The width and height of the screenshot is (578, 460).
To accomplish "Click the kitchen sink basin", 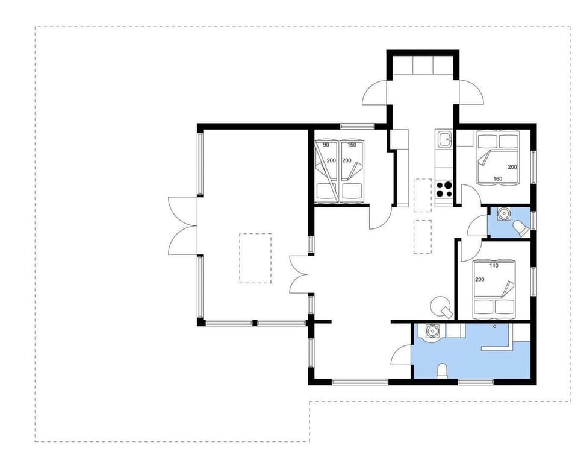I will tap(444, 140).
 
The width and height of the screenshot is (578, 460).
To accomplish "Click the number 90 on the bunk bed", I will tap(326, 145).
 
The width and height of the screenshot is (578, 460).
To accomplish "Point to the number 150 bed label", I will tap(352, 145).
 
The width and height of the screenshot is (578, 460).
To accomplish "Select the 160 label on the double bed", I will tap(498, 178).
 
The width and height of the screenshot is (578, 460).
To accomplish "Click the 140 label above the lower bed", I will tap(494, 266).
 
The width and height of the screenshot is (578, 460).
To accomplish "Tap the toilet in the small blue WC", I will tap(520, 227).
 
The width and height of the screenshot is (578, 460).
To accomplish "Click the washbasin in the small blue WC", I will tap(503, 213).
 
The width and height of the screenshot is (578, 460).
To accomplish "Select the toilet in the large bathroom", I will tap(443, 371).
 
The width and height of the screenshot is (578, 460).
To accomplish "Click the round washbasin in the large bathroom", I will tap(431, 331).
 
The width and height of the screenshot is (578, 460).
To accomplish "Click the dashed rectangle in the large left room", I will tap(255, 258).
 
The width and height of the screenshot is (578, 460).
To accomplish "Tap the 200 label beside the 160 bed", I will tap(512, 167).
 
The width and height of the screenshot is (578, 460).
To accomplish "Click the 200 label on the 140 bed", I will tap(480, 280).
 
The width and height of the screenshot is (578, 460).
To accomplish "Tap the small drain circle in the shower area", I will tap(494, 326).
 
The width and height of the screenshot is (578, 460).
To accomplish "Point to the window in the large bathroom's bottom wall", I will tap(476, 382).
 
